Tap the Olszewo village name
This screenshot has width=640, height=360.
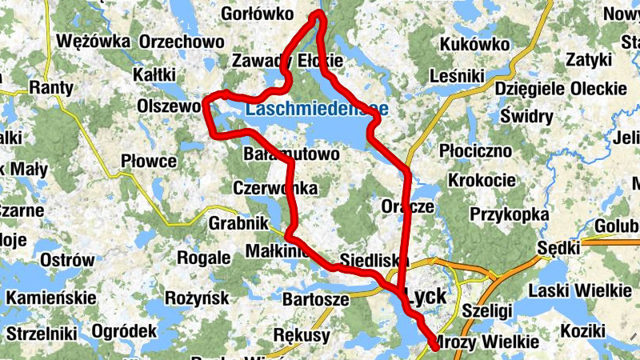tap(168, 106)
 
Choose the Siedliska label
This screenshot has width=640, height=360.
tap(370, 261)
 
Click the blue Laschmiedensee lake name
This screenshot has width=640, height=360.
tap(318, 109)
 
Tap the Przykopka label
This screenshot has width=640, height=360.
tap(510, 215)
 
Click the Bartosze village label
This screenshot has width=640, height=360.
tap(316, 300)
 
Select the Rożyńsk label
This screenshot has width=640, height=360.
tap(195, 298)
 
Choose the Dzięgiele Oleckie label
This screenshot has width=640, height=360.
tap(560, 88)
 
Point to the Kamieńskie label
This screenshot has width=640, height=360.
tap(50, 298)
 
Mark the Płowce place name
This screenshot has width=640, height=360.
tap(149, 162)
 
